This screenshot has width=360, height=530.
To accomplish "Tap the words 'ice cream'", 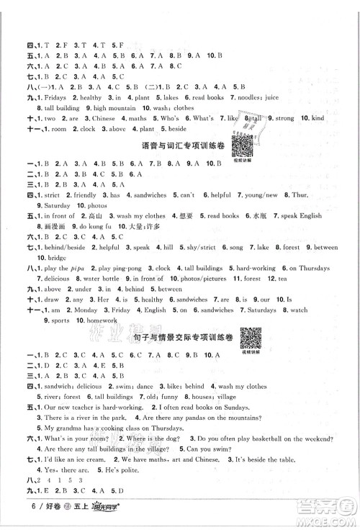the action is [x=93, y=479].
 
